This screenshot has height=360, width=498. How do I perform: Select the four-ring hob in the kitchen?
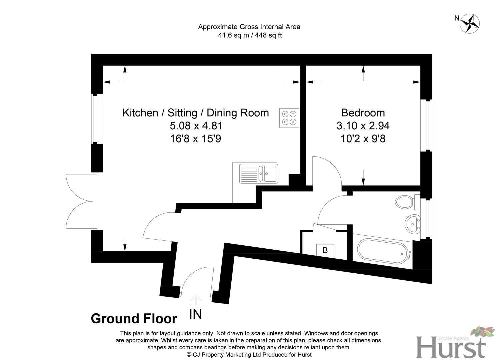pyautogui.click(x=289, y=118)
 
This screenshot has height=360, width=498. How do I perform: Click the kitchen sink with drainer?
pyautogui.click(x=259, y=174)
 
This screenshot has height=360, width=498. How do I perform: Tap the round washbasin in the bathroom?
pyautogui.click(x=412, y=224)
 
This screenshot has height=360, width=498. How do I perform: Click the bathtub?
pyautogui.click(x=384, y=251)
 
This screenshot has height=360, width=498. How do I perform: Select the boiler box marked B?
pyautogui.click(x=325, y=251)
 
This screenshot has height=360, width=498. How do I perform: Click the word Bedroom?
pyautogui.click(x=363, y=113)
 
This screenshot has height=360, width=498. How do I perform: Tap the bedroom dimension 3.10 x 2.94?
pyautogui.click(x=363, y=126)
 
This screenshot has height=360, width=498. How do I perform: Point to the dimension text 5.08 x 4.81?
pyautogui.click(x=196, y=126)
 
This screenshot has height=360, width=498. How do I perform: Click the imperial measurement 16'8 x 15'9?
pyautogui.click(x=196, y=139)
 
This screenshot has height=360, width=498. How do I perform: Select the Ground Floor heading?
pyautogui.click(x=134, y=318)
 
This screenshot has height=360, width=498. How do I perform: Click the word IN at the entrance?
pyautogui.click(x=196, y=314)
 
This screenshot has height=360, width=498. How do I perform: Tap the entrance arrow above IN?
pyautogui.click(x=196, y=300)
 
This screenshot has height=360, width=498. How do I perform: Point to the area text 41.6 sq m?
pyautogui.click(x=233, y=35)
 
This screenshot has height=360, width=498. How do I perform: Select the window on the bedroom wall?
pyautogui.click(x=426, y=125)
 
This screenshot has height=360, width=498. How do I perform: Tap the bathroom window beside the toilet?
pyautogui.click(x=426, y=218)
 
